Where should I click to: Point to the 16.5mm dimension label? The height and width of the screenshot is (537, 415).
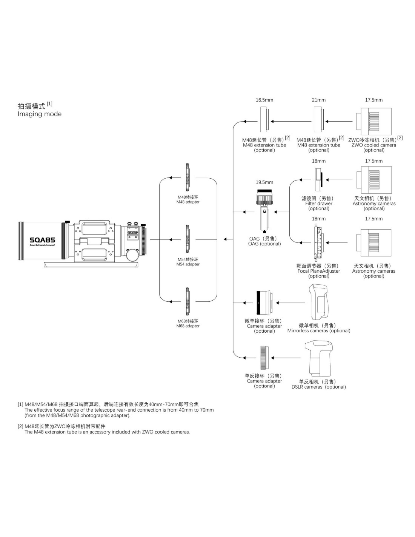tap(264, 100)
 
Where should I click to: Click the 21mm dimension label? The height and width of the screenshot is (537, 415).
tap(318, 100)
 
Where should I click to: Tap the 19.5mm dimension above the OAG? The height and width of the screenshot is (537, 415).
tap(264, 182)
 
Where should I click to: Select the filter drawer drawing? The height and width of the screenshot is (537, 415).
tap(318, 180)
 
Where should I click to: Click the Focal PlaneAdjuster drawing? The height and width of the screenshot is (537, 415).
tap(318, 242)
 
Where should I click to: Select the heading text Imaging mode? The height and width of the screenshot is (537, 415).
tap(40, 114)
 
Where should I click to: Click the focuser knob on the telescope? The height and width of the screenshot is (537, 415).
tap(132, 255)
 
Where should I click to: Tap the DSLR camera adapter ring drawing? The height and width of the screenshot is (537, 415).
tap(264, 358)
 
